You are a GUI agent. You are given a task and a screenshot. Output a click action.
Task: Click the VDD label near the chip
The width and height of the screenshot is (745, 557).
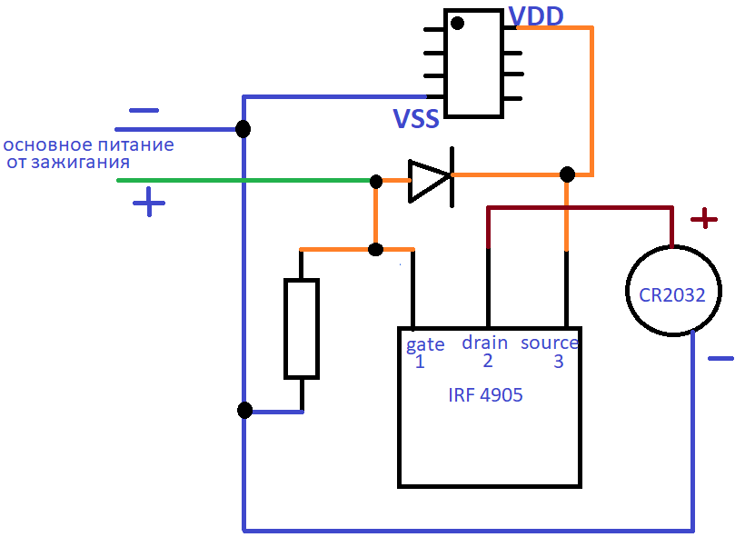(536, 15)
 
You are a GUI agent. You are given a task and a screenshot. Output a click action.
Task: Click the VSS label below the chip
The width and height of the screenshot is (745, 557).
(416, 119)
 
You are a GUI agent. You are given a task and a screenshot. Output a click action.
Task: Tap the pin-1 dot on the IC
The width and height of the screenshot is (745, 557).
(457, 23)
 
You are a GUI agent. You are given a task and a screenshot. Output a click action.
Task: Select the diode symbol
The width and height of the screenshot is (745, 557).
(431, 177)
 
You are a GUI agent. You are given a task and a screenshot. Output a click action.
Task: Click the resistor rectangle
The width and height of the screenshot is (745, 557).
(302, 329)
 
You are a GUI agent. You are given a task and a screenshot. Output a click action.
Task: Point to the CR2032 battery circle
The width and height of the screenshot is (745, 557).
(626, 291)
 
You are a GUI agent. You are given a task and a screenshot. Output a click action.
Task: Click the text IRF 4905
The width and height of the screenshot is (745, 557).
(485, 395)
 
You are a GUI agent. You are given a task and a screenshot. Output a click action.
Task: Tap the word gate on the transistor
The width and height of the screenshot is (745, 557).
(425, 344)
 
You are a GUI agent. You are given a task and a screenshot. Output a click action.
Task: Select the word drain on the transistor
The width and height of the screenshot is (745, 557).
(484, 343)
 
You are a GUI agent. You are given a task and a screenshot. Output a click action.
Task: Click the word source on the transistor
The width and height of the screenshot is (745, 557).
(550, 343)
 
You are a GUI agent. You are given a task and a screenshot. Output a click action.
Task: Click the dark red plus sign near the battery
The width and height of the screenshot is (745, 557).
(704, 219)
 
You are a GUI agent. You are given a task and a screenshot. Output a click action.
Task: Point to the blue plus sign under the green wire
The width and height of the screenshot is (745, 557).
(149, 202)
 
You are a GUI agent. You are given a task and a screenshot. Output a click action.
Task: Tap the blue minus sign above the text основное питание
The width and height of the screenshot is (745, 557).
(144, 111)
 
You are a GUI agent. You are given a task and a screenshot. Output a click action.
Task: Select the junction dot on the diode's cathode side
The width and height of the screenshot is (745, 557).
(567, 174)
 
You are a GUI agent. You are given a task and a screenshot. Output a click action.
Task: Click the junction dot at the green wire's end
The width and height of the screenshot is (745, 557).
(376, 181)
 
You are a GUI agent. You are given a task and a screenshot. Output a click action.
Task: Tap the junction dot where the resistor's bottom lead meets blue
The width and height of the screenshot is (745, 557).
(244, 410)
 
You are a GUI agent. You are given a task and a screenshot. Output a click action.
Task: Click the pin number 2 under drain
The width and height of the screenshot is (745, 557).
(488, 361)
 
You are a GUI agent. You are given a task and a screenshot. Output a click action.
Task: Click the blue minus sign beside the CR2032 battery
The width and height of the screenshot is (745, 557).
(720, 358)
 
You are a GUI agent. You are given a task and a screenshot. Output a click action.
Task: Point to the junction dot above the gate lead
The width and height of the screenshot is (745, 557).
(375, 250)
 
